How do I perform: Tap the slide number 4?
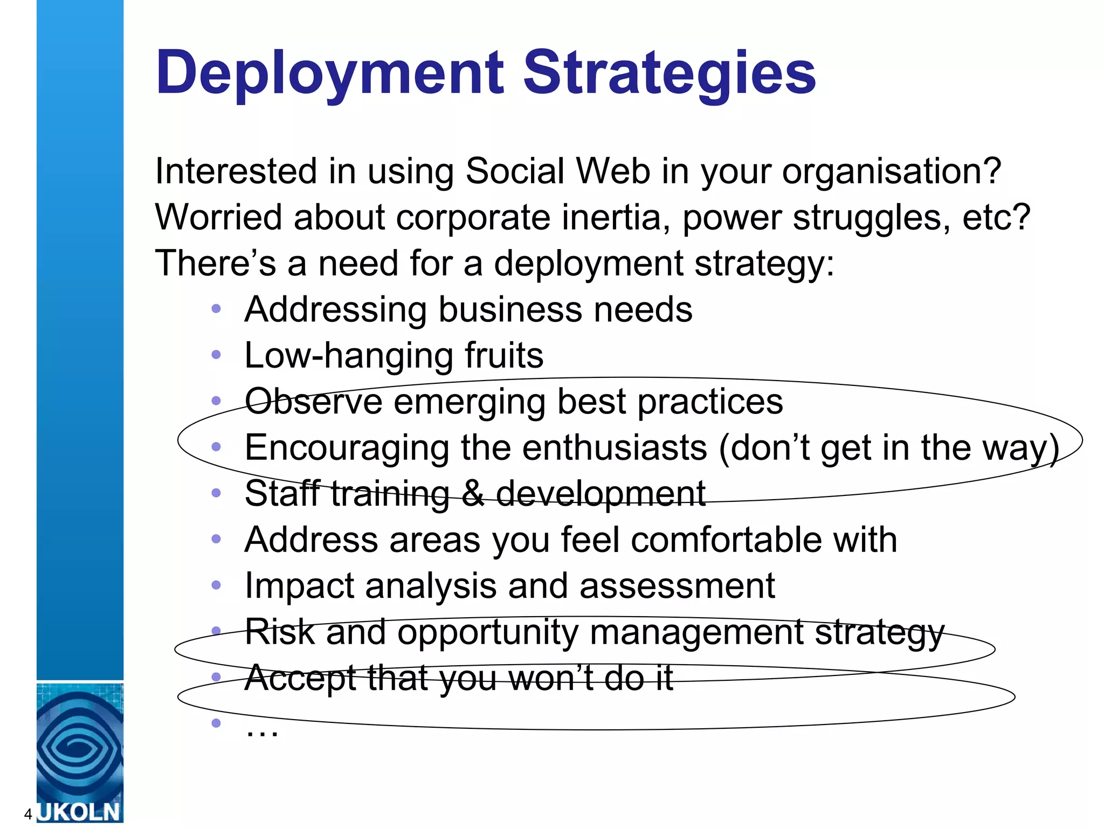coord(28,814)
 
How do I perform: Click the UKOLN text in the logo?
coord(79,812)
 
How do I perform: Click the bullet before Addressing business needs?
coord(216,309)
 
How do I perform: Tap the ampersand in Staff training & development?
coord(473,494)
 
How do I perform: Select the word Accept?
coord(300,679)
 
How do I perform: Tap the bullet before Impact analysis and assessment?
coord(216,585)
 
